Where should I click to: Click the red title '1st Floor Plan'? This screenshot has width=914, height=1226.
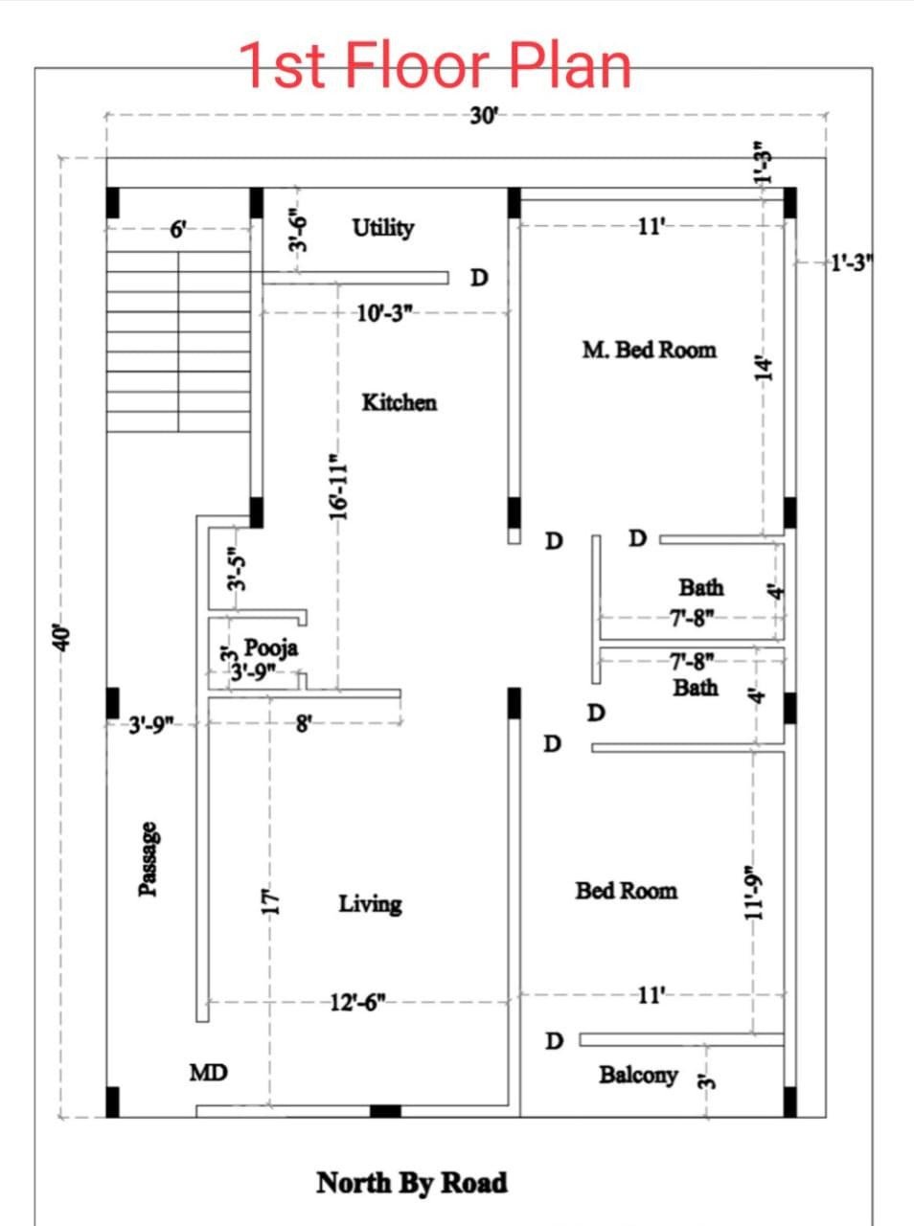(435, 65)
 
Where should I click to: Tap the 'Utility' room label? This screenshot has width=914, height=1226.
(383, 228)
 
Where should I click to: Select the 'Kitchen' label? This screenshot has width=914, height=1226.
(400, 402)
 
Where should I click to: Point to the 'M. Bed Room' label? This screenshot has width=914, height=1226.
(650, 351)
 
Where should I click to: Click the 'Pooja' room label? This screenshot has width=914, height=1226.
(271, 647)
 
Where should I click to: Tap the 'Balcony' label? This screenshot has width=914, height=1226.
(639, 1076)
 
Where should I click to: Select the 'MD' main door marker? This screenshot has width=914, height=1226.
(209, 1073)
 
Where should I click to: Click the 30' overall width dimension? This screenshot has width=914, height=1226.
(483, 116)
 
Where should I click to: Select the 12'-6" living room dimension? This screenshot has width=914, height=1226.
(358, 1003)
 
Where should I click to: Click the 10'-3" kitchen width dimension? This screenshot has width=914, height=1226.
(384, 313)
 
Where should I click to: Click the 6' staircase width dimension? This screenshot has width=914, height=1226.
(178, 230)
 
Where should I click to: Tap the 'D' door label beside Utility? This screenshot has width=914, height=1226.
(479, 278)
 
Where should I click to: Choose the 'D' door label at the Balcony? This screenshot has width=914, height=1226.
(554, 1041)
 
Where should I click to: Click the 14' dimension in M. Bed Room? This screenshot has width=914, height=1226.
(764, 368)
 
